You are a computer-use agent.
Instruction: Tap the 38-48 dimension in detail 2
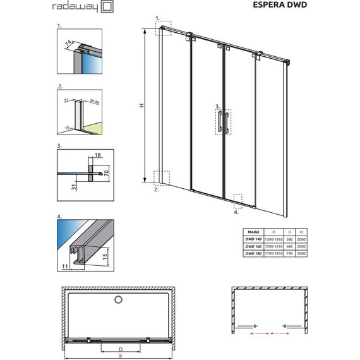pyautogui.click(x=94, y=99)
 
